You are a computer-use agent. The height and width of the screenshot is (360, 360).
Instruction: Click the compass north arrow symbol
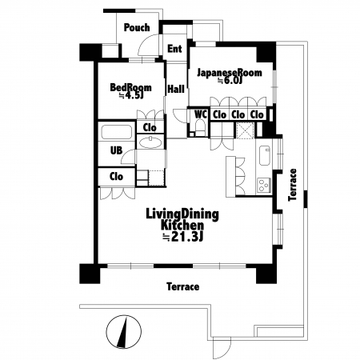[124, 332]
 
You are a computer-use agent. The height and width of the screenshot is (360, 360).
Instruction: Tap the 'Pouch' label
[137, 27]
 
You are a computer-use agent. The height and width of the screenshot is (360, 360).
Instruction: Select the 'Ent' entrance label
[174, 49]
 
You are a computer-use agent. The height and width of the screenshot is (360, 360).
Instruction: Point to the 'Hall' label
[176, 89]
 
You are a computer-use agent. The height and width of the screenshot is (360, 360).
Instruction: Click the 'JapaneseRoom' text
[230, 72]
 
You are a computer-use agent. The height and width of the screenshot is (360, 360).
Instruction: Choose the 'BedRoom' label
[130, 87]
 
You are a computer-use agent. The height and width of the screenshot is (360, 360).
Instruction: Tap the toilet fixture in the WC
[200, 127]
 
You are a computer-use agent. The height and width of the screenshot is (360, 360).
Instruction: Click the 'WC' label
[201, 114]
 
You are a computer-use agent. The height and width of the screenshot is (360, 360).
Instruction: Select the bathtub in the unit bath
[117, 132]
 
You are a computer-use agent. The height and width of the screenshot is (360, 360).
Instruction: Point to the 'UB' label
[116, 150]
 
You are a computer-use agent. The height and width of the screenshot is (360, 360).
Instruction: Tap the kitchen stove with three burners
[264, 185]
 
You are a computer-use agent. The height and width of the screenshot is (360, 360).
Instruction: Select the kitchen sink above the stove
[265, 155]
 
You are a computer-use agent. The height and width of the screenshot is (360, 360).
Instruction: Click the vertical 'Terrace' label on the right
[293, 185]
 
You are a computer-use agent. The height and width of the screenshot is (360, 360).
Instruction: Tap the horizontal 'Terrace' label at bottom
[183, 287]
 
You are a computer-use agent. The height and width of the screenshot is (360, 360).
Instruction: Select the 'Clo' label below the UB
[117, 177]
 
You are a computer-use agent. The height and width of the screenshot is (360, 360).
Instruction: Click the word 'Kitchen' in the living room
[182, 226]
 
